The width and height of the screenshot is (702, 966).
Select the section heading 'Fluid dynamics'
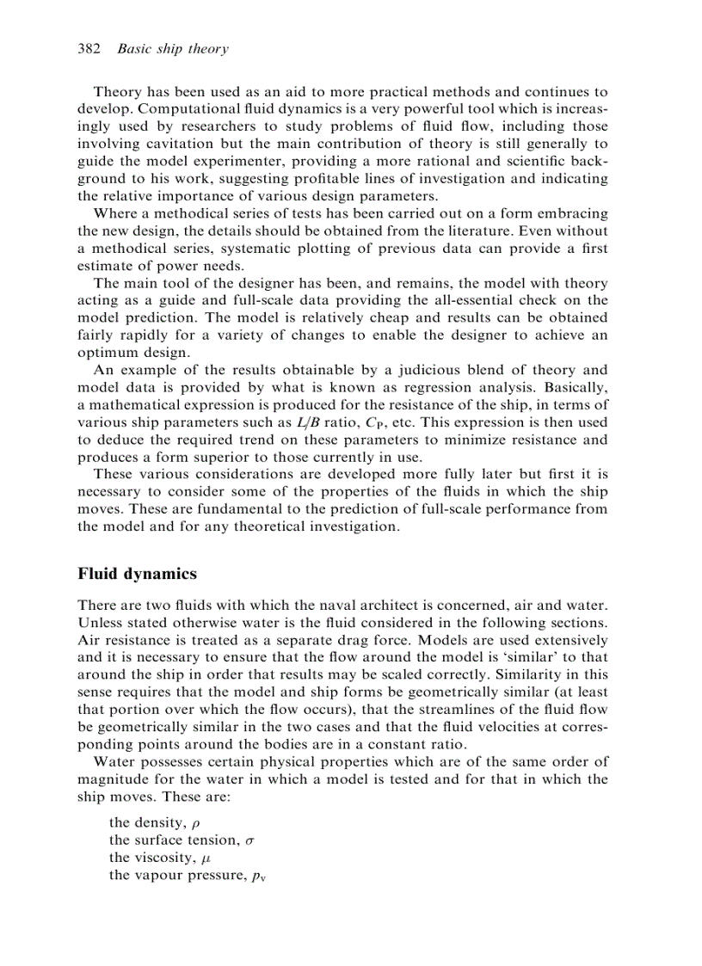click(137, 574)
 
